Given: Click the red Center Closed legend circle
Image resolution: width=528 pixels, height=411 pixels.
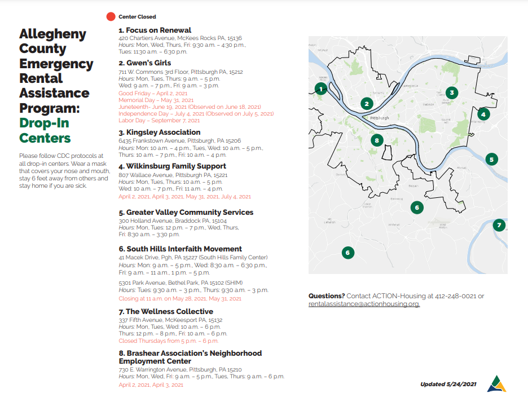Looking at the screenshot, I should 111,16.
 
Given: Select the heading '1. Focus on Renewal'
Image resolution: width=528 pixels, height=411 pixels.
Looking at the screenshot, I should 155,30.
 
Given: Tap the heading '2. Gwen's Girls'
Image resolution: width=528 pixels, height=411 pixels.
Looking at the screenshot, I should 144,63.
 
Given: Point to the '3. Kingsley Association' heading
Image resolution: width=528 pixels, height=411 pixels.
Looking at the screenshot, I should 159,132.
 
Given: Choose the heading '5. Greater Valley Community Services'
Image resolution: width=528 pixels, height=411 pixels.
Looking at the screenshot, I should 186,213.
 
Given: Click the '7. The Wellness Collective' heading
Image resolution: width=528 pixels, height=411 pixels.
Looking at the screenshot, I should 165,311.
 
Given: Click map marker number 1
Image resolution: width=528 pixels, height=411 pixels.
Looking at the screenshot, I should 320,89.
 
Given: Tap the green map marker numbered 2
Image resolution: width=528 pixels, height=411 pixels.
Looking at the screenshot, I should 367,103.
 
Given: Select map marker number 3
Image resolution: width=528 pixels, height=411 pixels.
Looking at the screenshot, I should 451,92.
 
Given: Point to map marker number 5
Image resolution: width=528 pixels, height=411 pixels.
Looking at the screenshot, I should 491,160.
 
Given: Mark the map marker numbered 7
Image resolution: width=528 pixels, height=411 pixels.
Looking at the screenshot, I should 499,226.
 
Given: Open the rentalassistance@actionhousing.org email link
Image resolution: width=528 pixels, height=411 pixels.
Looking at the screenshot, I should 364,304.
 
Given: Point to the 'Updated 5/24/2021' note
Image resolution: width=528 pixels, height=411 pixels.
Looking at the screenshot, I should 448,385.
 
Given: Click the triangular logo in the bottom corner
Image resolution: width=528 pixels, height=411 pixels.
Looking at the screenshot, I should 496,383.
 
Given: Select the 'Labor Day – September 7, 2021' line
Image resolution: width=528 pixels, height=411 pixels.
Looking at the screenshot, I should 159,120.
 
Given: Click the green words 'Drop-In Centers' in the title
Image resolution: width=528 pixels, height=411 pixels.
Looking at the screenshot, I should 45,130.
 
